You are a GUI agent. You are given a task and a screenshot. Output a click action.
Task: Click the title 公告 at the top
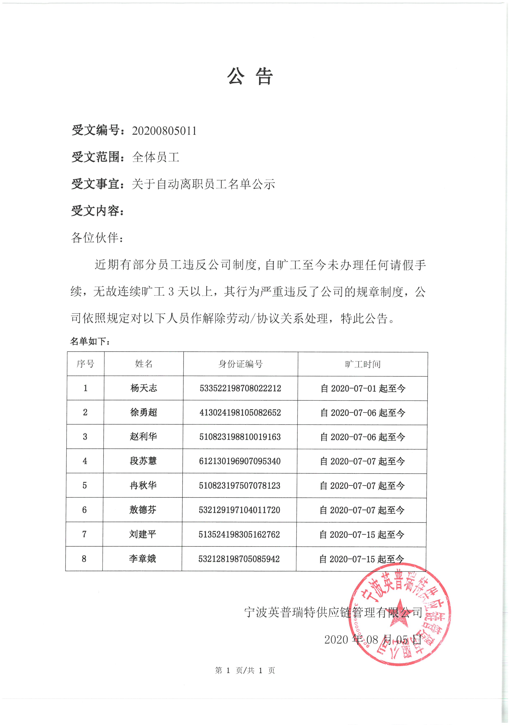(x=250, y=76)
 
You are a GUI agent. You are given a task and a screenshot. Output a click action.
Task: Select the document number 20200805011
(x=164, y=131)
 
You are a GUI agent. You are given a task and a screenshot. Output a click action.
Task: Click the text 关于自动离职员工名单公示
(x=203, y=184)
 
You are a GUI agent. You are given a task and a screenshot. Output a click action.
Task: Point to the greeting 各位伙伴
(x=95, y=238)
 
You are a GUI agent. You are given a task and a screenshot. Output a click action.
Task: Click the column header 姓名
(x=144, y=364)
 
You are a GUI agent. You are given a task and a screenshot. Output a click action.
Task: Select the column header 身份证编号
(x=240, y=364)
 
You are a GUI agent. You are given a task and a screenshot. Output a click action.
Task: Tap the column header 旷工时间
(x=363, y=364)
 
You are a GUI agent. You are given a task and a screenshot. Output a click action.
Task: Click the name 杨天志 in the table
(x=144, y=388)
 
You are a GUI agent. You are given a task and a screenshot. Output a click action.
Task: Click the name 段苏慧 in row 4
(x=143, y=461)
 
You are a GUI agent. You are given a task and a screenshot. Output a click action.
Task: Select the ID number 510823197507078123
(x=240, y=485)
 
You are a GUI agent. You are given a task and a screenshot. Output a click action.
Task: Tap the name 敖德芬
(x=143, y=510)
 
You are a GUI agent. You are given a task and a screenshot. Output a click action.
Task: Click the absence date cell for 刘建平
(x=362, y=535)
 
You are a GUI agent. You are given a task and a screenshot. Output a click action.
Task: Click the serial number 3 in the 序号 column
(x=85, y=436)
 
